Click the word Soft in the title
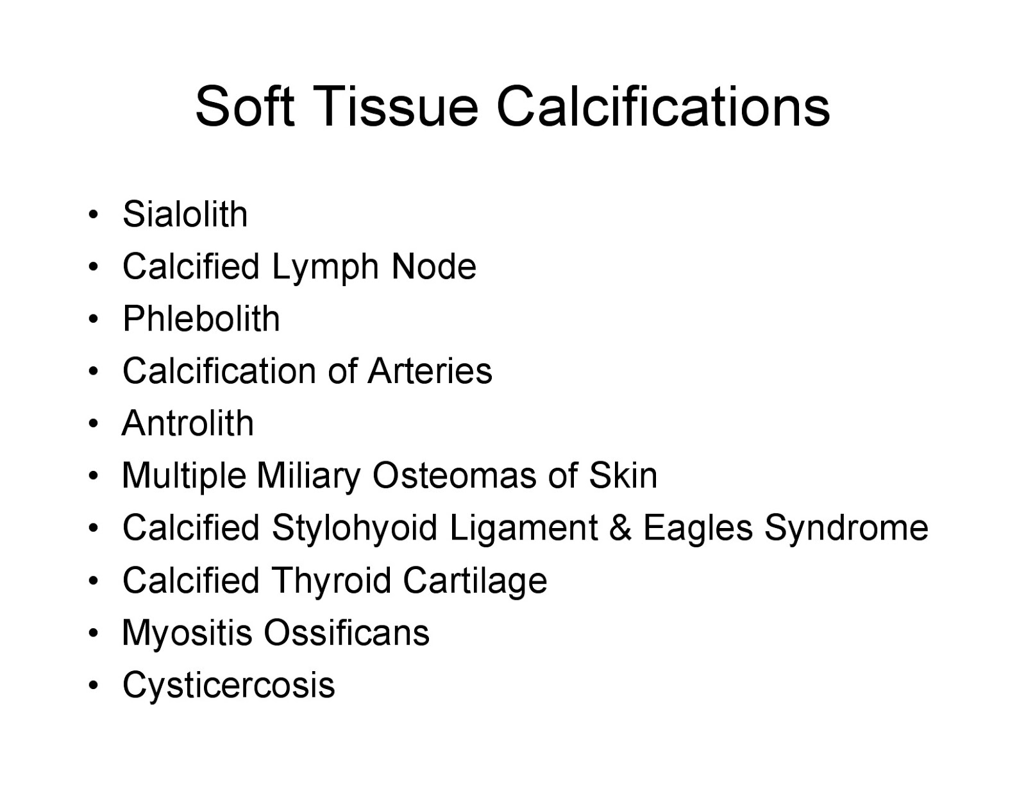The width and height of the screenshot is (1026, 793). click(244, 107)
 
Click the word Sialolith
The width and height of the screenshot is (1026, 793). click(185, 214)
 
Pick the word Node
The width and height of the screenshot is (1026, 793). click(433, 267)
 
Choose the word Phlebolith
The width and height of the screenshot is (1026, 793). click(201, 319)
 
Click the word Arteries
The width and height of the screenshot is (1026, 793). click(430, 371)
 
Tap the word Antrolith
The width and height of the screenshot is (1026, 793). click(188, 423)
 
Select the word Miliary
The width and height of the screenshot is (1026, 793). click(308, 477)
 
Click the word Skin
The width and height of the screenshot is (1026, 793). click(623, 476)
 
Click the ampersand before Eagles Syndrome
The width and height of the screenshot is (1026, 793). click(620, 529)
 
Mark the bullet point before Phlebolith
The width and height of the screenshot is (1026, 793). click(94, 319)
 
